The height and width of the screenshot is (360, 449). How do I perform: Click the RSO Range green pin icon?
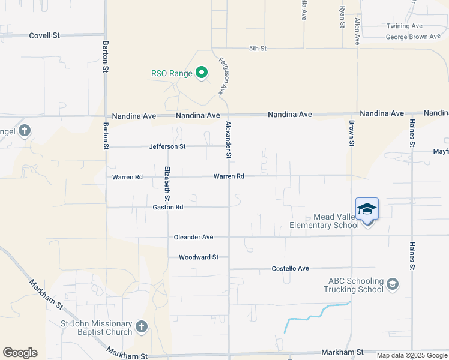coord(202,73)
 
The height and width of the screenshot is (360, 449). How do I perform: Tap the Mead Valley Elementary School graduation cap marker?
coord(367,209)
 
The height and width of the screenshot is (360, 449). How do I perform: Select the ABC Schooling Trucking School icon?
coord(393,284)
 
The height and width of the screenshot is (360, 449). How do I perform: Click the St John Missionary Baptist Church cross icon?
coord(141,326)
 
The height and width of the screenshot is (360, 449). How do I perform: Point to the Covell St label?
coord(44,35)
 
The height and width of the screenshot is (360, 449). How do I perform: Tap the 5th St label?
coord(258,48)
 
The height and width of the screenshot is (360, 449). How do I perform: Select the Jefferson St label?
coord(167,146)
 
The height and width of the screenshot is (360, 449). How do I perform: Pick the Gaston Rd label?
coord(167,207)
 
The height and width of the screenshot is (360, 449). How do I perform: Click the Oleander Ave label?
coord(194,237)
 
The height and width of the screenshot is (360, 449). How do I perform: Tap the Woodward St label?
coord(198,257)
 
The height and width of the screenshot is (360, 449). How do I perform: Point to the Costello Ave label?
coord(290,268)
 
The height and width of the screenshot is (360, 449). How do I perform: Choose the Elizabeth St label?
coord(167,183)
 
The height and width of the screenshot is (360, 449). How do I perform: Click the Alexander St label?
coord(229,140)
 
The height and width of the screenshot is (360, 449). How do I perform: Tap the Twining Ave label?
coord(405,26)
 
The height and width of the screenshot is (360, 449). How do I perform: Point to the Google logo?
coord(20,353)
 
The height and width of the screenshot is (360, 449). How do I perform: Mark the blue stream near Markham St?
coord(312,316)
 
